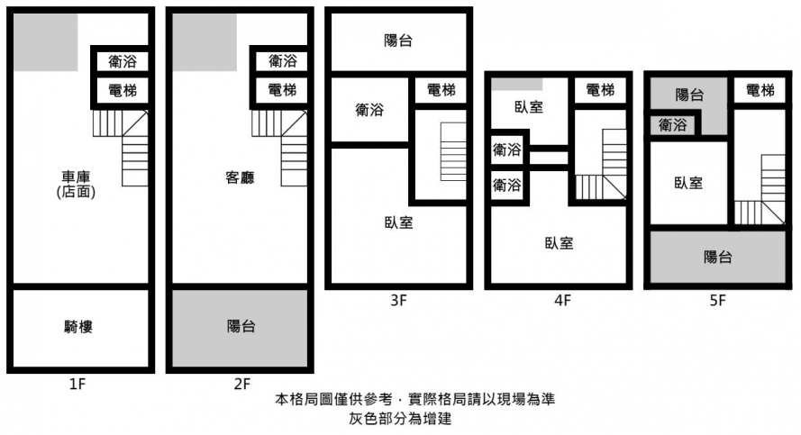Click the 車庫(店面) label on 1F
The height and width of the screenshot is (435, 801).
point(76,184)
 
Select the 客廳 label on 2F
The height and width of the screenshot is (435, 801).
point(240,178)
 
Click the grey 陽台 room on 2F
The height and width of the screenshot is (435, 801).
point(240,327)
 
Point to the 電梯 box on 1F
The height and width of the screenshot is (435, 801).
point(122,90)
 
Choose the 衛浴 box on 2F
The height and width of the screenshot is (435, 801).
point(282,61)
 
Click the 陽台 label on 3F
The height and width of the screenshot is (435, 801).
point(398,41)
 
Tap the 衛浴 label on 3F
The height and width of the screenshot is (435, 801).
point(369,110)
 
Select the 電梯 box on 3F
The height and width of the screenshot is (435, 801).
point(441,90)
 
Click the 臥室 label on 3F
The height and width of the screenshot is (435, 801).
point(398,222)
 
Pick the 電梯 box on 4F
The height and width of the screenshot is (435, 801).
point(600,90)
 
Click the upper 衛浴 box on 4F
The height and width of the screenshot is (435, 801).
point(506,150)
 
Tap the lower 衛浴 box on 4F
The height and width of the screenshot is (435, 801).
point(506,186)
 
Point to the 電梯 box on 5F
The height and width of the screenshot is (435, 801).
point(760,90)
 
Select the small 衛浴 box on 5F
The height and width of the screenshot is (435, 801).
point(672,125)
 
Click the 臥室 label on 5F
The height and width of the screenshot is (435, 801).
point(688,183)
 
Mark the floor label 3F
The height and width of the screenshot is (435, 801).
point(399,302)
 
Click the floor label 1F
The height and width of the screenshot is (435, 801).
point(77,385)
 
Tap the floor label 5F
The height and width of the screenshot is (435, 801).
point(717,302)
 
